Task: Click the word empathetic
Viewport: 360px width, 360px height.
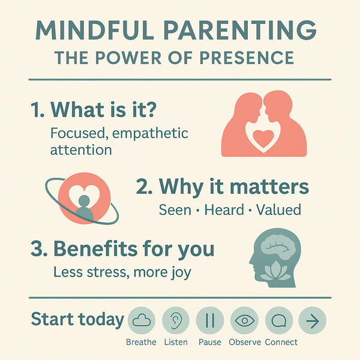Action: tap(149, 133)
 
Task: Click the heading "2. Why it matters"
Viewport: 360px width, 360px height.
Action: tap(222, 187)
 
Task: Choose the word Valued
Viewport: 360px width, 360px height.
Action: tap(278, 210)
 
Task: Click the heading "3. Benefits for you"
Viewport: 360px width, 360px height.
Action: tap(122, 248)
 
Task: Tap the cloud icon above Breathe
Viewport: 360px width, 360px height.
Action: tap(142, 320)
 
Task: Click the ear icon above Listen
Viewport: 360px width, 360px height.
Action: tap(176, 320)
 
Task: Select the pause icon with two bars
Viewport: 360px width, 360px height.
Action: tap(210, 320)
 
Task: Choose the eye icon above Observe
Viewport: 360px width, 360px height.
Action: tap(244, 320)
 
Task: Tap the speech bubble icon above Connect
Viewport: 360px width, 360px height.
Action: tap(278, 320)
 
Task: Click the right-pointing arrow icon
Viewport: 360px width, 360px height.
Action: tap(313, 320)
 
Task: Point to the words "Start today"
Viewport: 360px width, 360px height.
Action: tap(76, 319)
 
